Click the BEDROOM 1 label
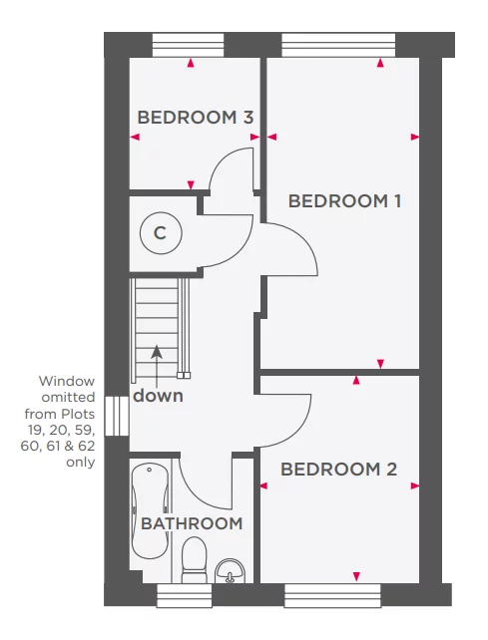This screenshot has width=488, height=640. [x=344, y=200]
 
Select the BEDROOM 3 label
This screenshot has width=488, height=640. [x=195, y=117]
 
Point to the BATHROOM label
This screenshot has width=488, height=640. [x=191, y=523]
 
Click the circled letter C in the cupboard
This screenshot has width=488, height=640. [x=160, y=233]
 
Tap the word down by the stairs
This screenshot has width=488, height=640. [x=159, y=395]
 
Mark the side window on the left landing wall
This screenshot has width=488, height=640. [x=117, y=416]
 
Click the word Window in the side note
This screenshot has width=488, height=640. [x=67, y=381]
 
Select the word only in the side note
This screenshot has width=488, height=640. [x=81, y=462]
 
